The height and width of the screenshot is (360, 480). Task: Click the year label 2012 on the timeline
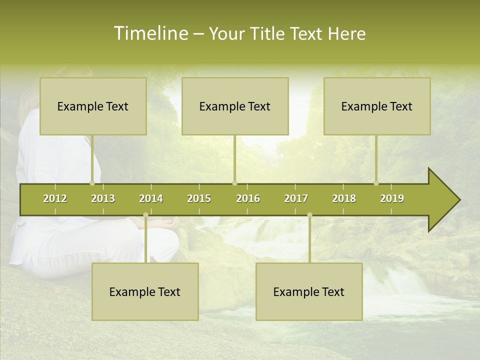(55, 198)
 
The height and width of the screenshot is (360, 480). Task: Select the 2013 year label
(103, 198)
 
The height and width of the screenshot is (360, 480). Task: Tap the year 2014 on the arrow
(151, 198)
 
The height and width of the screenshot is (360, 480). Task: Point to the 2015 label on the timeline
(199, 198)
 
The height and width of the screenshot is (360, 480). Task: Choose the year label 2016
(248, 198)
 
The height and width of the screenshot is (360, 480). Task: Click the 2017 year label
(296, 198)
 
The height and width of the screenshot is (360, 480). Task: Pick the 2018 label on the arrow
(344, 198)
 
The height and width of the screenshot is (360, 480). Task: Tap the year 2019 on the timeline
(392, 198)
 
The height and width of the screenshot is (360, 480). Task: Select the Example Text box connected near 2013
(93, 106)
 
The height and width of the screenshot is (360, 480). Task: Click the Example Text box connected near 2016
(235, 106)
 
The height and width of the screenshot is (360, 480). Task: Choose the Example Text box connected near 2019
(377, 106)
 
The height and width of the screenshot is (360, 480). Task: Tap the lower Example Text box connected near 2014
(145, 291)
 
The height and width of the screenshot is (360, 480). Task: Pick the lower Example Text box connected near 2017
(309, 291)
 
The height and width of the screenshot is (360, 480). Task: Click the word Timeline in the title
(150, 33)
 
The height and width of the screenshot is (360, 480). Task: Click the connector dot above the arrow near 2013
(92, 183)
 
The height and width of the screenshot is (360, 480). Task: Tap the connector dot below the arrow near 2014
(145, 215)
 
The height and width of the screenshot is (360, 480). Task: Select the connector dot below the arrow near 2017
(309, 215)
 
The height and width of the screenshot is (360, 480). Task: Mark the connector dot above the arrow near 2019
(376, 183)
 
